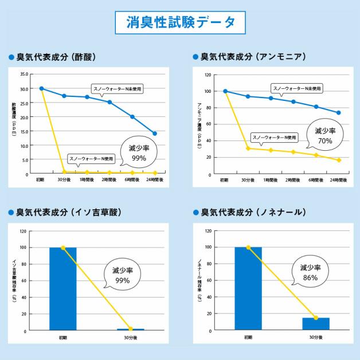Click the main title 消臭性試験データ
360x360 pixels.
point(180,22)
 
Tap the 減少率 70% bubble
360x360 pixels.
point(325,136)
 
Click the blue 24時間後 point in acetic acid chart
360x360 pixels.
point(155,134)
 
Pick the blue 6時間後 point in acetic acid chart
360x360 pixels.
point(132,117)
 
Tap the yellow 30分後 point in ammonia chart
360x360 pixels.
point(248,148)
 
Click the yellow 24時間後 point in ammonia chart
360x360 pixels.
point(339,160)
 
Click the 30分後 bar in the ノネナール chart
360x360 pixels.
point(316,324)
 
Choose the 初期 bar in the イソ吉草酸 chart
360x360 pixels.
point(63,288)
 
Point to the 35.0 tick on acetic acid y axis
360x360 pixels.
point(24,74)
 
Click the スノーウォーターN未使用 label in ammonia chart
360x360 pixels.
point(297,88)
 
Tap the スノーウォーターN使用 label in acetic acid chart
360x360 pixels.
point(92,158)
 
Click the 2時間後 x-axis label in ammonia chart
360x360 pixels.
point(294,180)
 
